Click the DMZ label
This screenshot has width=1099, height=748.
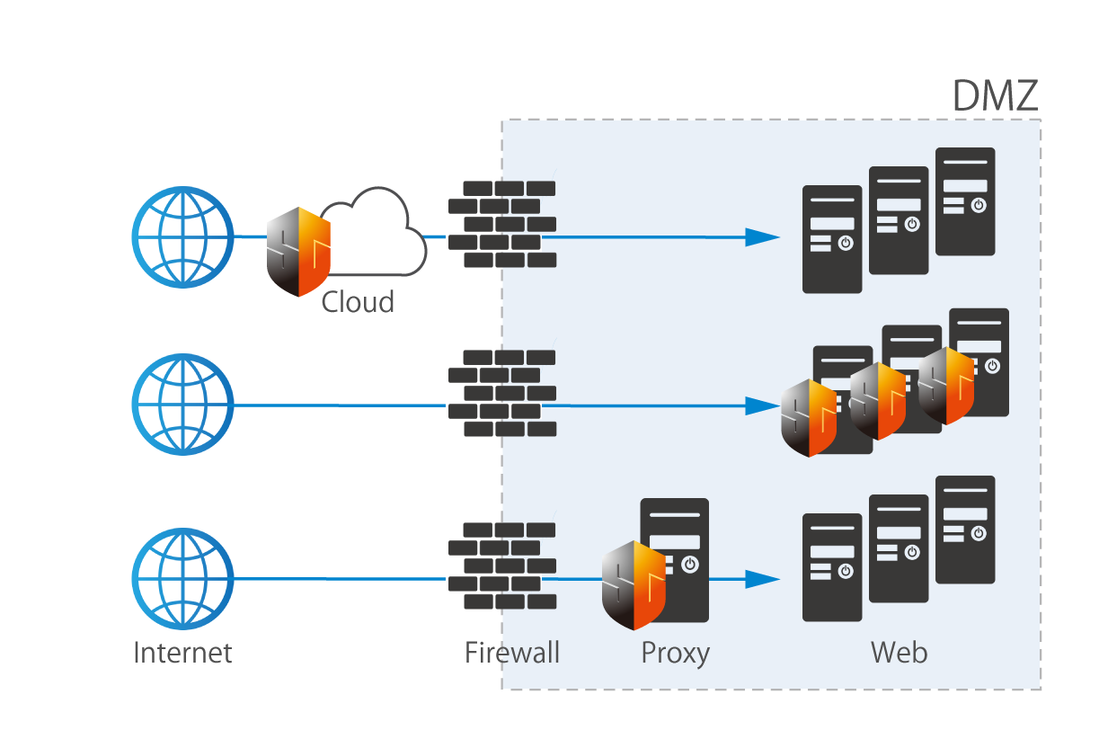[x=995, y=96]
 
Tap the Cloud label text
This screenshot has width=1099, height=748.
[x=358, y=302]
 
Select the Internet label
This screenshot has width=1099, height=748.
[x=182, y=652]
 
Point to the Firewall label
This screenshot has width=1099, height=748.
[x=512, y=652]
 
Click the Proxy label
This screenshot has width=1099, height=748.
[x=675, y=653]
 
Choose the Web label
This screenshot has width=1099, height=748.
[x=899, y=652]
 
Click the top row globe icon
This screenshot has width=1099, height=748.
[x=182, y=237]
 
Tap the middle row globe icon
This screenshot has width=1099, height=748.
[x=182, y=405]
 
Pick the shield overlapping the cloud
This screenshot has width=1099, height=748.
[x=298, y=252]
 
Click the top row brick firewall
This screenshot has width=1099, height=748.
[x=501, y=224]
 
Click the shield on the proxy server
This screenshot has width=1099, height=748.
[x=634, y=584]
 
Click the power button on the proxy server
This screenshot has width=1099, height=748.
[x=689, y=565]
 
